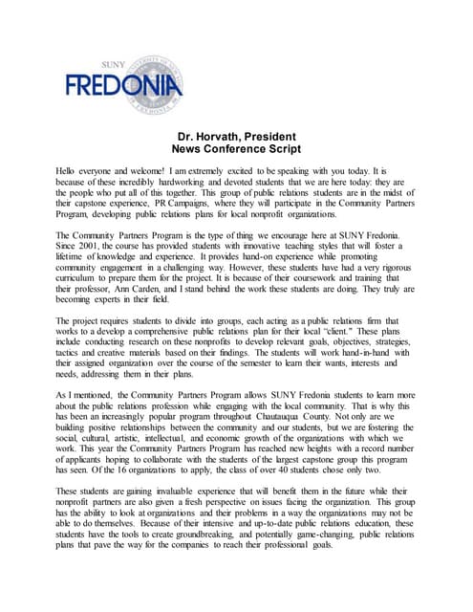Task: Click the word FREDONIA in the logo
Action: pyautogui.click(x=122, y=89)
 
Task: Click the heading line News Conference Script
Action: pyautogui.click(x=236, y=150)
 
